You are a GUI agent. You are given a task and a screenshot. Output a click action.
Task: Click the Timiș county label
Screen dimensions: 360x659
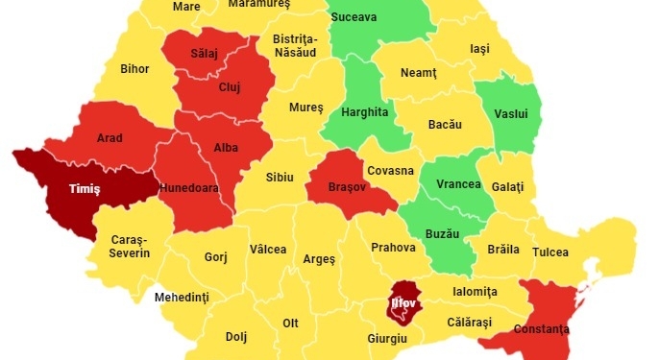[84, 188]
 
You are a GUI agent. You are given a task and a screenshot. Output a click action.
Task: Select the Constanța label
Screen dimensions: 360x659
[542, 329]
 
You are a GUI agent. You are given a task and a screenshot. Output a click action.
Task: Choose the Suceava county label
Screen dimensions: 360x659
[354, 17]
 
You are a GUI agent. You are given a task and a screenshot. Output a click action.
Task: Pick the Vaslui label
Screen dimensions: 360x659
[510, 113]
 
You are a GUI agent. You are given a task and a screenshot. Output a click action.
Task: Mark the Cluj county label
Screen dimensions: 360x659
[230, 87]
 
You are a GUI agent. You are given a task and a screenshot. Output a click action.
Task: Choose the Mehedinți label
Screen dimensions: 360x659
[182, 298]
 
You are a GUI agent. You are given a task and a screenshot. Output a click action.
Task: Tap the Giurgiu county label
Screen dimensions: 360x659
[387, 339]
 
